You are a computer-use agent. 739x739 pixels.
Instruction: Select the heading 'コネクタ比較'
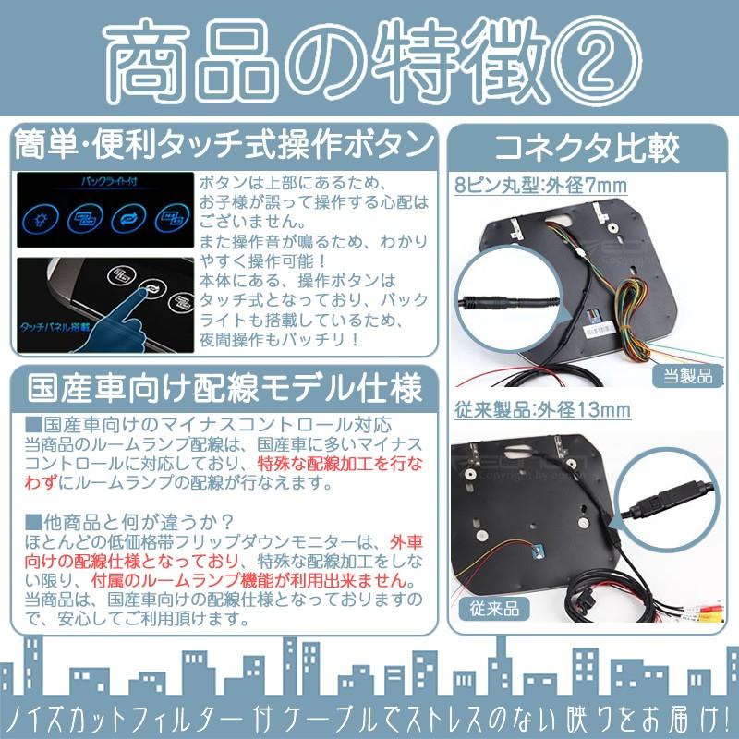(588, 147)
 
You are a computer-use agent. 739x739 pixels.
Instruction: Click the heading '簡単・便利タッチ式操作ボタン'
(224, 147)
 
